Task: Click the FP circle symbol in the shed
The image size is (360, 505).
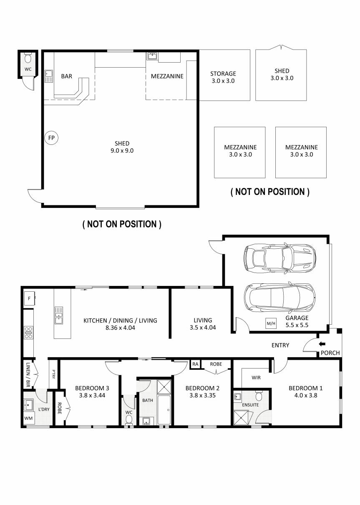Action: (x=51, y=137)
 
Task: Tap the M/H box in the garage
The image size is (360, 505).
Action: (x=271, y=323)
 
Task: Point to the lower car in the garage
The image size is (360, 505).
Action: (x=279, y=298)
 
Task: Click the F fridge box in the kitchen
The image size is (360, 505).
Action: (x=29, y=298)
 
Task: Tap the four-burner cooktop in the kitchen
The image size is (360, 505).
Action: (x=29, y=332)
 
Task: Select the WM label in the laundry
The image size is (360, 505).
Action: (x=28, y=418)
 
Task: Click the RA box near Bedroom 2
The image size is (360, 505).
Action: (x=195, y=364)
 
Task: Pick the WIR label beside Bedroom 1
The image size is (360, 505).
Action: (x=256, y=377)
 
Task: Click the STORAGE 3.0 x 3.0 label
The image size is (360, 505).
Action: (x=223, y=77)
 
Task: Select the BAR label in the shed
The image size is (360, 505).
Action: (x=66, y=76)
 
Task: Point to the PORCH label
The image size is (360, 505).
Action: (x=330, y=353)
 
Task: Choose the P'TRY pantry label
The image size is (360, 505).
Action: (x=53, y=372)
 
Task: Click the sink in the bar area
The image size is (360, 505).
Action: (x=49, y=75)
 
